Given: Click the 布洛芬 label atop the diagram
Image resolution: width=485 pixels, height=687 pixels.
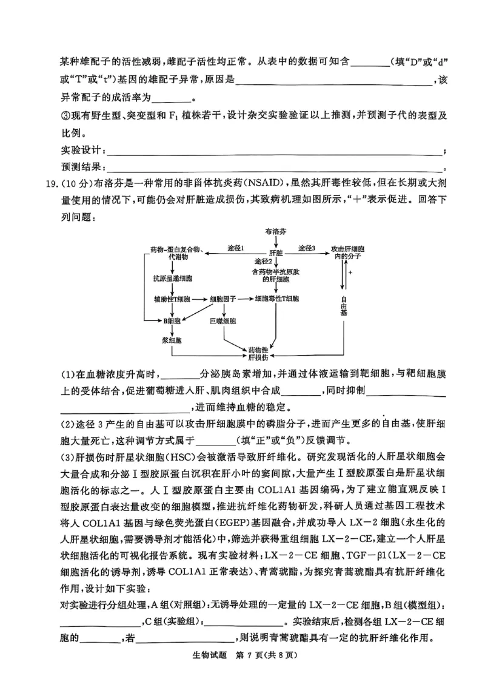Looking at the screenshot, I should tap(276, 231).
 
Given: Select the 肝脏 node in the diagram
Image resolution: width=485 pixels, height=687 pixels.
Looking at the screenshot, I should tap(276, 251).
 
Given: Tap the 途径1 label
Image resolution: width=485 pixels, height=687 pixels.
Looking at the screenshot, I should tap(235, 248).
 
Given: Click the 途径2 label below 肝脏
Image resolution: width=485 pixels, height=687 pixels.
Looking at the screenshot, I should tap(263, 261).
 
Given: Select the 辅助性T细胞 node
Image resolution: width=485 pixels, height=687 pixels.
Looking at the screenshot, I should tap(172, 299).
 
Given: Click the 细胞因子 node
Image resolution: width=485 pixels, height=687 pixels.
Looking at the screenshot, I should tap(224, 299).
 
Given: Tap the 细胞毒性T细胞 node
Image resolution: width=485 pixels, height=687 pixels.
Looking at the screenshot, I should tap(276, 299).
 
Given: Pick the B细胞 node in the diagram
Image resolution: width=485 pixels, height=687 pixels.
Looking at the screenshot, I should tap(172, 320).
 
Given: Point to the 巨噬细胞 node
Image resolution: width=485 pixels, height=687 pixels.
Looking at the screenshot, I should tap(223, 320).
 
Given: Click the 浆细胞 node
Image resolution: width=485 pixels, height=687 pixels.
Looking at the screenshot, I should tap(172, 340).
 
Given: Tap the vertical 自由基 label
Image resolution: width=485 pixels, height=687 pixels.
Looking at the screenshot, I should tap(344, 306).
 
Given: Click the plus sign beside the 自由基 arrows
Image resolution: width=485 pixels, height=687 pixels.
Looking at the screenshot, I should tap(350, 273).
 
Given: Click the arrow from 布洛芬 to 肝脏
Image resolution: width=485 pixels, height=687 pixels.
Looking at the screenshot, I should tap(276, 241).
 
